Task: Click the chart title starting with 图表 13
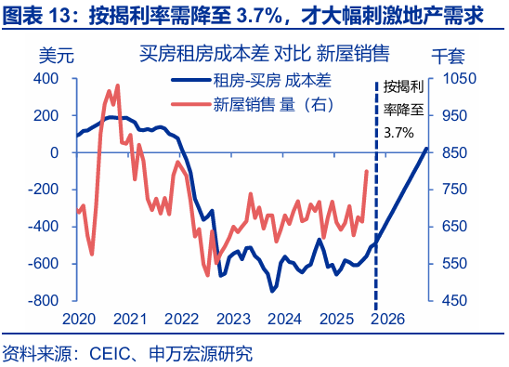243,15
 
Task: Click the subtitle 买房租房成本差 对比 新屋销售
264,52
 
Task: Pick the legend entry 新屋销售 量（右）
272,103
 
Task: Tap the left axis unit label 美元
55,53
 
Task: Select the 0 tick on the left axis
56,152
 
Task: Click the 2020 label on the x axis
81,319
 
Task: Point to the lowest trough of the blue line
272,291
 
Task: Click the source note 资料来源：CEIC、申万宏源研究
127,353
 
